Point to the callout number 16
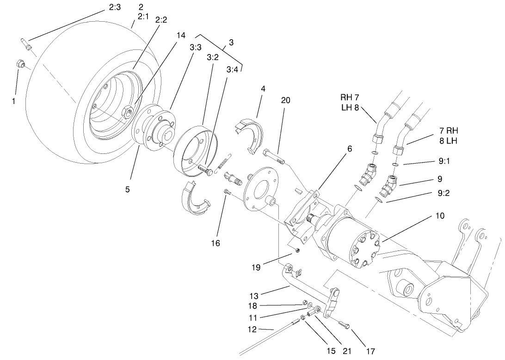[216, 243]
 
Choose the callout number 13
[254, 295]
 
